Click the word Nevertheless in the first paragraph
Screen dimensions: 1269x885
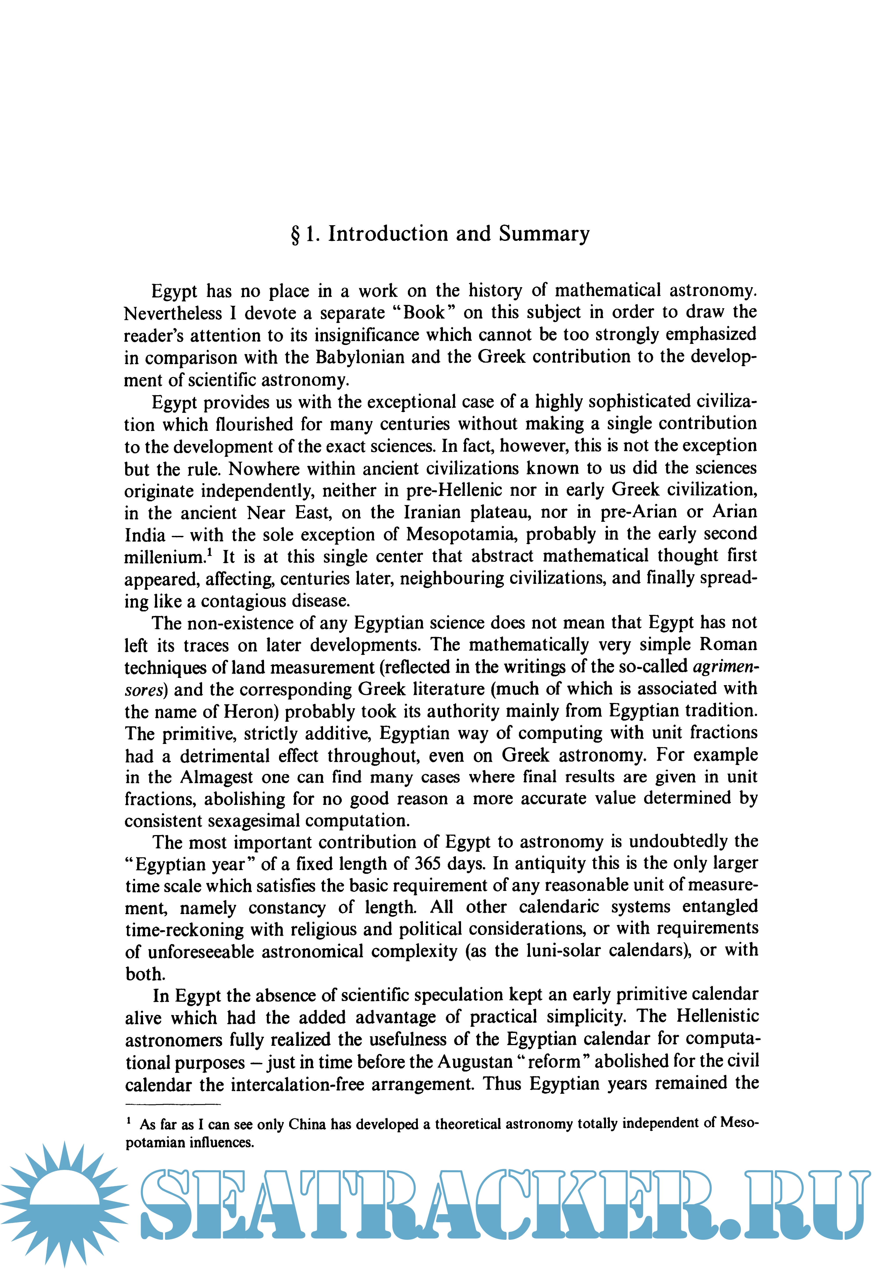coord(173,313)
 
